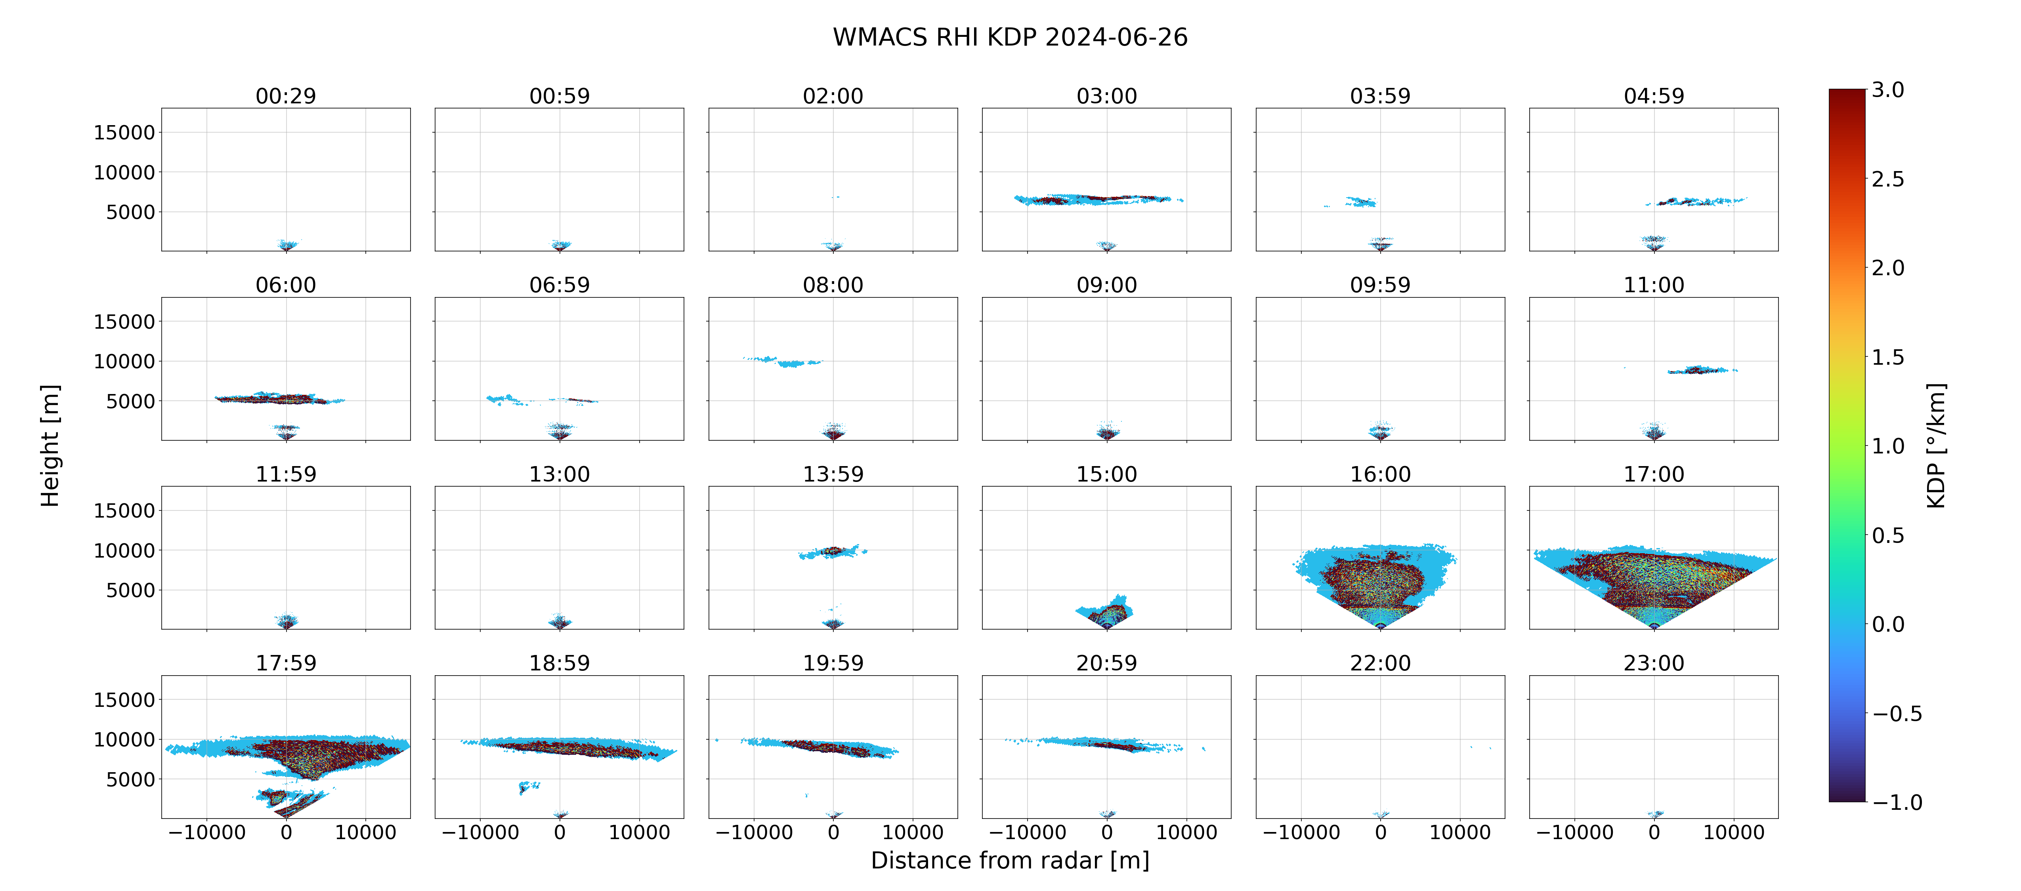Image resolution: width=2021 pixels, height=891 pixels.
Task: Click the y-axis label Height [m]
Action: [x=50, y=445]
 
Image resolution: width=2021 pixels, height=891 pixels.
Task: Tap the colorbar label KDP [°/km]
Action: [x=1935, y=445]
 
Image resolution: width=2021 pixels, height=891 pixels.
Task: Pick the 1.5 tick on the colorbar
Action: [x=1887, y=357]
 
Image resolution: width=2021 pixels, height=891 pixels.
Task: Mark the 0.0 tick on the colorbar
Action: [x=1887, y=624]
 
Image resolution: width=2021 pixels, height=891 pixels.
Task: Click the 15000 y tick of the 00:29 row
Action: [x=124, y=133]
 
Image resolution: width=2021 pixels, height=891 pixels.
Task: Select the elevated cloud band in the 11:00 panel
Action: [x=1701, y=369]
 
